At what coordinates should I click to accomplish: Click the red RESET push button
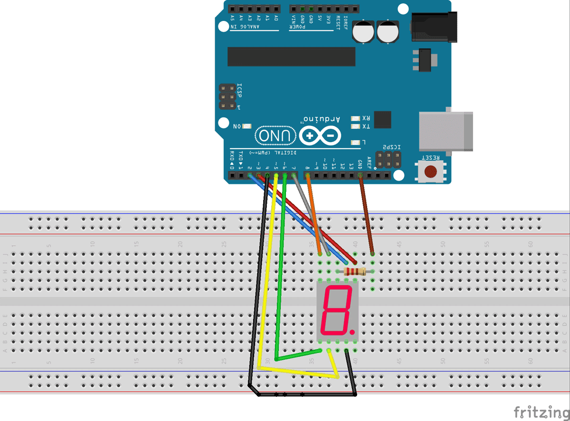[x=431, y=171]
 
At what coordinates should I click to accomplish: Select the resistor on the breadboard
[x=354, y=272]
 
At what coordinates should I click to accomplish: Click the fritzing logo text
[x=541, y=411]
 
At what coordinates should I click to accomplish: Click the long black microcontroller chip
[x=291, y=57]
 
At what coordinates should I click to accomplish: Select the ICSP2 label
[x=392, y=147]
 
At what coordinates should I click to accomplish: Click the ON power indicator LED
[x=247, y=126]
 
